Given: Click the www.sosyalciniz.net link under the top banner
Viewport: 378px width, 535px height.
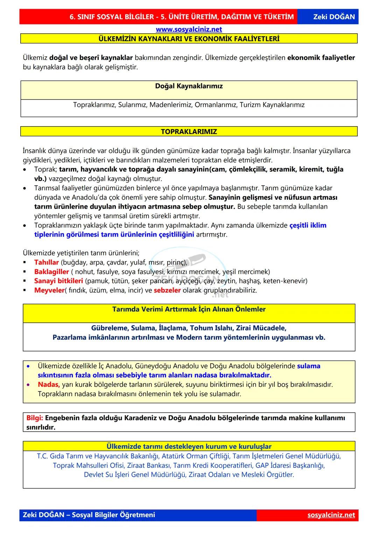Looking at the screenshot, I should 189,29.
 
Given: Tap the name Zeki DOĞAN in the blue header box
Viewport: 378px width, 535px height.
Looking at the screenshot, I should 334,17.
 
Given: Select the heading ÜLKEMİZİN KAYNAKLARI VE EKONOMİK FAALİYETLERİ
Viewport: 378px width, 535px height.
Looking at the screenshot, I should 189,39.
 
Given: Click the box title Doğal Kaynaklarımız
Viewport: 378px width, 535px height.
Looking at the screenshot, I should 189,86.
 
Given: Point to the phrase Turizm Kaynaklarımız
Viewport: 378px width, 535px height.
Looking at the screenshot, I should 272,105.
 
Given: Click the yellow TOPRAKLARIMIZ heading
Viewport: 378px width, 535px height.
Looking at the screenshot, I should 189,132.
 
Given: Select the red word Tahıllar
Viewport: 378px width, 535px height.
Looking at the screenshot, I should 47,262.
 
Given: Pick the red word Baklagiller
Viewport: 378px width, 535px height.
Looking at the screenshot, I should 51,272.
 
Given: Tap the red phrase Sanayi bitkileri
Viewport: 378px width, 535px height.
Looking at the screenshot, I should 58,281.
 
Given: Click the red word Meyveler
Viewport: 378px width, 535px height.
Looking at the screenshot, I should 49,290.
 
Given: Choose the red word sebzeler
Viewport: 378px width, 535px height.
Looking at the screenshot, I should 167,290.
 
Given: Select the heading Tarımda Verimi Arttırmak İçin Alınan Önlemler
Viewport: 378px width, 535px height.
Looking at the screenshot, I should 189,309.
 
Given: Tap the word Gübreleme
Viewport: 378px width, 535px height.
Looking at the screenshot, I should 109,328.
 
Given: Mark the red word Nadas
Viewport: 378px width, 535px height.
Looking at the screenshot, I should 49,385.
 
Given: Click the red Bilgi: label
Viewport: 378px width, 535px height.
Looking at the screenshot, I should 35,418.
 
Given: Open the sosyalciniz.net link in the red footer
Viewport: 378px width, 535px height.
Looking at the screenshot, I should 331,515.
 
